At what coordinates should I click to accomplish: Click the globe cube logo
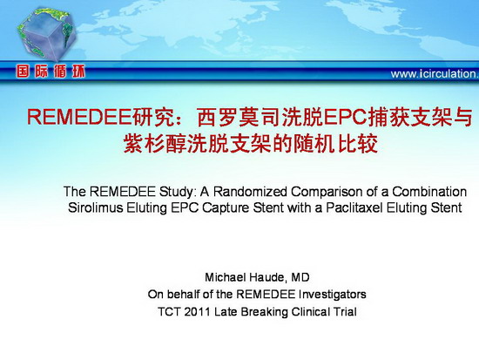(x=46, y=34)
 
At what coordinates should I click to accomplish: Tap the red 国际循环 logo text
(x=51, y=71)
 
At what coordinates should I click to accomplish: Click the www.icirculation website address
(x=435, y=74)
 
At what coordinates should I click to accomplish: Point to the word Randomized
(x=250, y=192)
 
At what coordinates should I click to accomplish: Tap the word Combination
(x=429, y=192)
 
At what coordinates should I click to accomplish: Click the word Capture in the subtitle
(x=226, y=208)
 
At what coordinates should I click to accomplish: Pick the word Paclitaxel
(x=354, y=207)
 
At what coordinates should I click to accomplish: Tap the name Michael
(x=226, y=277)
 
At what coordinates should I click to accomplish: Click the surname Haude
(x=268, y=277)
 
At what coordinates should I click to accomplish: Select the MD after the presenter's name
(x=300, y=277)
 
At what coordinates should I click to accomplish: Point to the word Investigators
(x=333, y=295)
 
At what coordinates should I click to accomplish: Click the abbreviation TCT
(x=169, y=312)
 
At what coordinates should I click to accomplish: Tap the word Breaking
(x=265, y=312)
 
